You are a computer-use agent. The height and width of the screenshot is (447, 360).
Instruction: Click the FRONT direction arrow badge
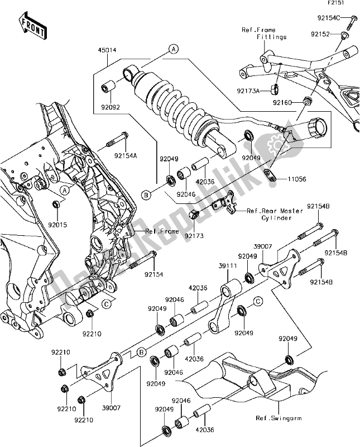coord(32,26)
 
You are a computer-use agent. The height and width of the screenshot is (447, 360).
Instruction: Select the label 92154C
coord(327,17)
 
